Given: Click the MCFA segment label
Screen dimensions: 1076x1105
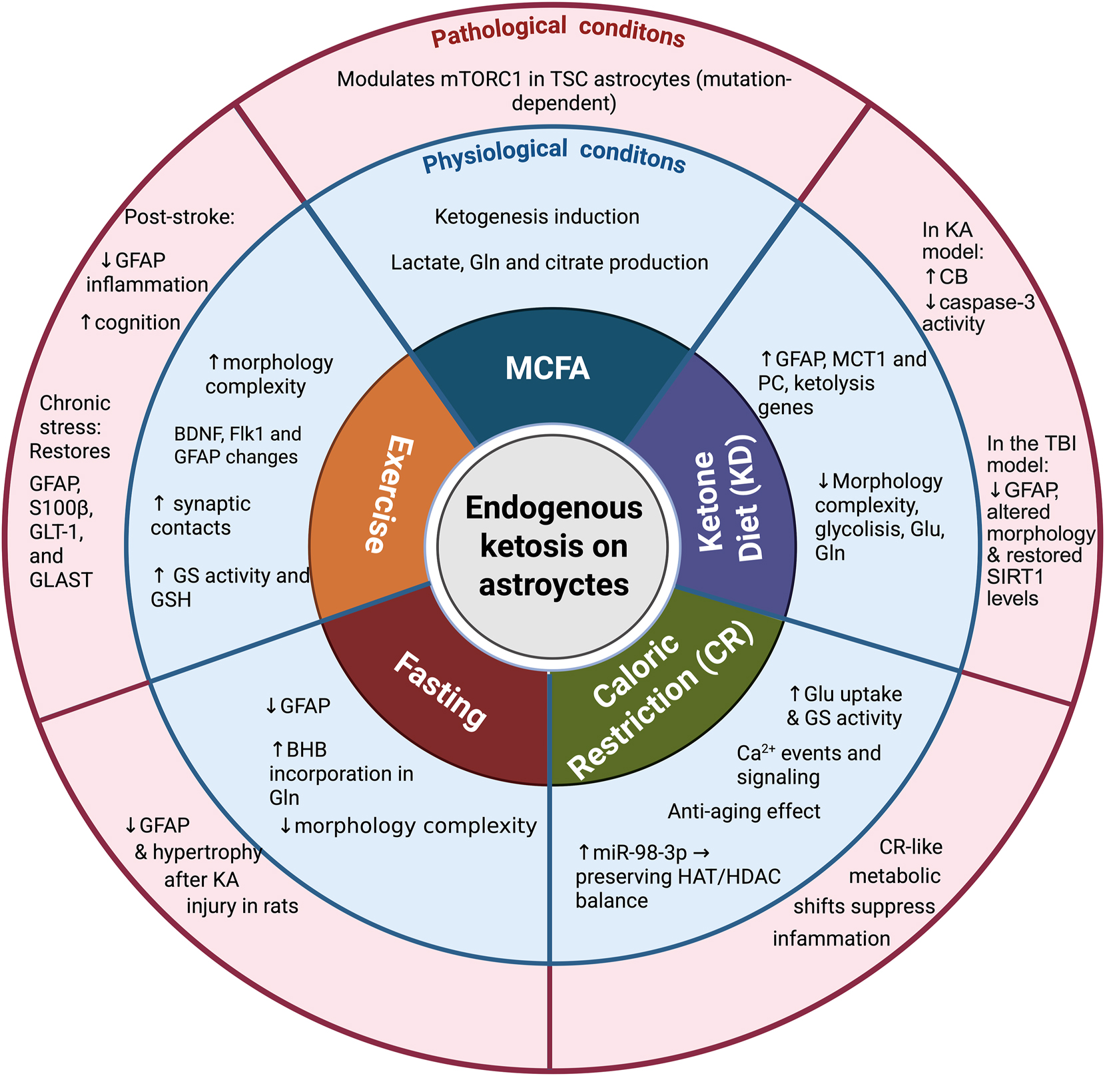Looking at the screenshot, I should coord(547,368).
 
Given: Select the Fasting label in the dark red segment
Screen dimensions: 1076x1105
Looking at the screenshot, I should coord(440,690).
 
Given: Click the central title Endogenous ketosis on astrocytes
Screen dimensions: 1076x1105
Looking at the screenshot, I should coord(553,546).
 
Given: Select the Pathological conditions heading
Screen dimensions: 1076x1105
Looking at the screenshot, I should coord(557,33).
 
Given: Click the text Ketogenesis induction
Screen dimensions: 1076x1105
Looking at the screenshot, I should coord(537,216).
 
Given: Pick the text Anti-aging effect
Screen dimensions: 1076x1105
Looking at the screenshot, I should coord(744,811).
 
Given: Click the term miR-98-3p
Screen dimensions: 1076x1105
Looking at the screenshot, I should coord(641,852).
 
